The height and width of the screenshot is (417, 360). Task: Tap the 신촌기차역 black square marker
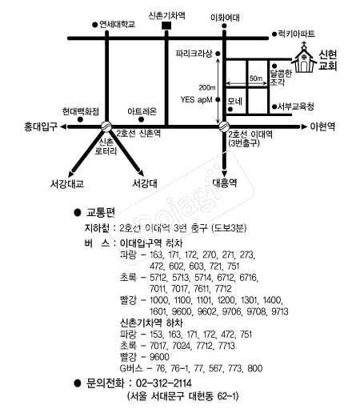point(166,26)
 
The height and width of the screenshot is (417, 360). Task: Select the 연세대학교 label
point(117,24)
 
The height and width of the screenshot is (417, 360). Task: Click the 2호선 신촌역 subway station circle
point(106,126)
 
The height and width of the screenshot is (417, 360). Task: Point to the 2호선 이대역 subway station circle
point(224,126)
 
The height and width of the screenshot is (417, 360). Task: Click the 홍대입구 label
point(41,126)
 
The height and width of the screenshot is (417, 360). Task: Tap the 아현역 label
point(322,126)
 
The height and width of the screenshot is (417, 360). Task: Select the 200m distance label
point(207,87)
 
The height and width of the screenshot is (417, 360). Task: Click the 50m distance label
point(256,78)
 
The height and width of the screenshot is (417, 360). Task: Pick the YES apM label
point(196,100)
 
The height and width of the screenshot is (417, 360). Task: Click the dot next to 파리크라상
point(218,54)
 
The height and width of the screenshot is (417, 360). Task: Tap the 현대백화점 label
point(81,111)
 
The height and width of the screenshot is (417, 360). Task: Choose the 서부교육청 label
point(295,106)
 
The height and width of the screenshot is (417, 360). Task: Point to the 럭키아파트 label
point(296,34)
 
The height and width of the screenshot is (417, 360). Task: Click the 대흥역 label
point(225,183)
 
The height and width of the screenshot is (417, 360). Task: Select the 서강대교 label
point(67,183)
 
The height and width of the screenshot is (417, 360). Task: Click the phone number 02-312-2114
point(164,383)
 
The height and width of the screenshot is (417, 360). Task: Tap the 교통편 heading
point(101,213)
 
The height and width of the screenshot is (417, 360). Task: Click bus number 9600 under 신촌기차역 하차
point(159,357)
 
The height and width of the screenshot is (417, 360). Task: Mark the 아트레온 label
point(142,111)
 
